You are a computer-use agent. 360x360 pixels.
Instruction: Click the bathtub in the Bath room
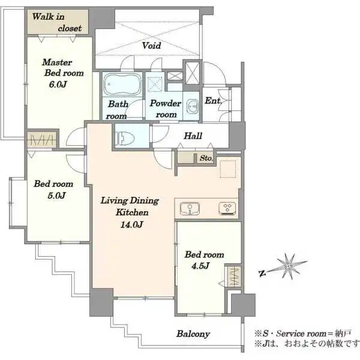(x=122, y=84)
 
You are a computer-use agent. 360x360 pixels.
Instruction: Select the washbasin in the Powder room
(x=192, y=107)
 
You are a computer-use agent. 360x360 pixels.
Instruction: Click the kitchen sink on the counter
(x=190, y=208)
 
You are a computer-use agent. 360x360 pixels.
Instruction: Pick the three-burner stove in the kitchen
(x=227, y=208)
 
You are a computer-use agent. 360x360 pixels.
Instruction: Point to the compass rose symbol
(x=287, y=267)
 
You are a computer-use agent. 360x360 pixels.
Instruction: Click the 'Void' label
(x=151, y=46)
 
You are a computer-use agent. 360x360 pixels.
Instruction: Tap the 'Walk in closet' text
(x=57, y=23)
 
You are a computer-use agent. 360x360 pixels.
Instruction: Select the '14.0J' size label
(x=132, y=224)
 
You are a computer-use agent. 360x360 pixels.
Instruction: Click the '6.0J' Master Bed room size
(x=58, y=84)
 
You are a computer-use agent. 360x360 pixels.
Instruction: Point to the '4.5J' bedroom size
(x=200, y=266)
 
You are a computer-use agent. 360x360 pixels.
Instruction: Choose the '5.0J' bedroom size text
(x=57, y=196)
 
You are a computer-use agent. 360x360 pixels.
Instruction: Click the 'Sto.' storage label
(x=206, y=158)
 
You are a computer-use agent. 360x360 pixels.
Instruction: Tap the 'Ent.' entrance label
(x=213, y=101)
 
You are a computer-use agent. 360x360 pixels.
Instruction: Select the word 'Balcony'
(x=193, y=334)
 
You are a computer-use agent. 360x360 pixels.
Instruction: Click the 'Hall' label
(x=193, y=136)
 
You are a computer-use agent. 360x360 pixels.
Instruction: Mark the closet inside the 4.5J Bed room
(x=233, y=276)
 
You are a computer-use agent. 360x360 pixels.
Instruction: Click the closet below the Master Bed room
(x=42, y=140)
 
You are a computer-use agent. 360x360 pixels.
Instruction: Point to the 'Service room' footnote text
(x=301, y=334)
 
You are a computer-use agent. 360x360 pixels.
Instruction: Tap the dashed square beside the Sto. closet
(x=228, y=169)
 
